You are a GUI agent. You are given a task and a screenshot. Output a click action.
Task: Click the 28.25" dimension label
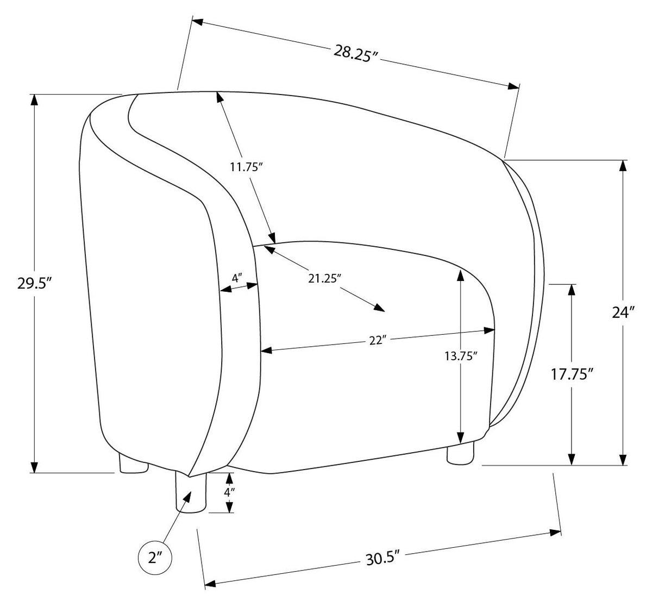click(x=356, y=54)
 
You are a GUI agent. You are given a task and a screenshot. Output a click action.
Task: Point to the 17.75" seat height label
click(x=573, y=374)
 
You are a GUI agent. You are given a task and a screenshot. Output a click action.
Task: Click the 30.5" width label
click(x=383, y=558)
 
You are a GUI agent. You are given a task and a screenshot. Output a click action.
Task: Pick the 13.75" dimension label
click(x=461, y=356)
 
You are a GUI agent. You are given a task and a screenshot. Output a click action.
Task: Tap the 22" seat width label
click(x=377, y=341)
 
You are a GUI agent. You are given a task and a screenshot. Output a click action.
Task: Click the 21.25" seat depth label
click(x=323, y=279)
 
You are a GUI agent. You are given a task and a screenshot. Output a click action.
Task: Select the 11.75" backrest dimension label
click(x=247, y=167)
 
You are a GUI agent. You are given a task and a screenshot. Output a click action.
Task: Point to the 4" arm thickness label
click(x=237, y=278)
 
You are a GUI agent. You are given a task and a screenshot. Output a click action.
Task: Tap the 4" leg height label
click(x=229, y=492)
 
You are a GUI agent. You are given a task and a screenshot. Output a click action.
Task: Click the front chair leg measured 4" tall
click(x=191, y=493)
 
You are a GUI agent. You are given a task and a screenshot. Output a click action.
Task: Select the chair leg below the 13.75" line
click(x=460, y=453)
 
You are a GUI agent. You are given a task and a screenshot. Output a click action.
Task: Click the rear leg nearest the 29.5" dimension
click(x=133, y=463)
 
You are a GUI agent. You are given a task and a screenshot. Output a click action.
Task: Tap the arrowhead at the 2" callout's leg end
click(x=186, y=497)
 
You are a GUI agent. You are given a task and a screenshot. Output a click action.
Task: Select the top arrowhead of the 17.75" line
click(x=572, y=290)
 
